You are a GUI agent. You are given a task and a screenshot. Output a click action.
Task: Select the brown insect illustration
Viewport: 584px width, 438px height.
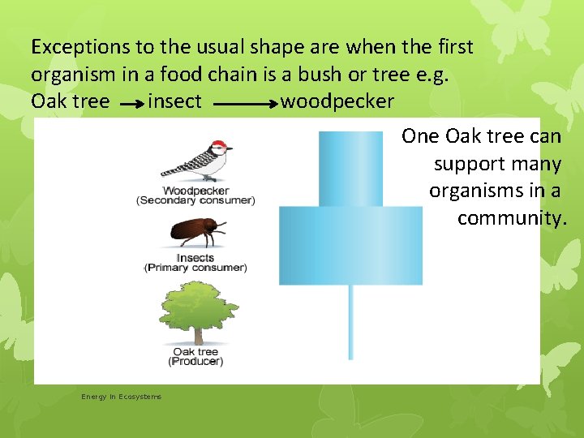pos(195,232)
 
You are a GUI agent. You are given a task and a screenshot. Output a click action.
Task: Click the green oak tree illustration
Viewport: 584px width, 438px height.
pos(195,312)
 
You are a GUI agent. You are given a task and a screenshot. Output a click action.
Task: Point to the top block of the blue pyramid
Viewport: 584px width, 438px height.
pos(350,169)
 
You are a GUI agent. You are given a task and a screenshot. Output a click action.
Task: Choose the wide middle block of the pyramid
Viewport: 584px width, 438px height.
pos(350,245)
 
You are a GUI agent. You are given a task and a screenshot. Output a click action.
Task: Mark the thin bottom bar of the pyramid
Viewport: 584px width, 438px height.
pos(350,322)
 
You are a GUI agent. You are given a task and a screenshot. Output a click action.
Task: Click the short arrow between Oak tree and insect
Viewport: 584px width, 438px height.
pos(131,104)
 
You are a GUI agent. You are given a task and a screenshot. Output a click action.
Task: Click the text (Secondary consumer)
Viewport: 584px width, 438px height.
pos(195,200)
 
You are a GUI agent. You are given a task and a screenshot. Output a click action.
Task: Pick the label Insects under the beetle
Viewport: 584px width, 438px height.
pos(195,258)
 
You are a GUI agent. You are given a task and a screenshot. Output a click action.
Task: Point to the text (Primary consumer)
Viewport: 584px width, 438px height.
pos(195,268)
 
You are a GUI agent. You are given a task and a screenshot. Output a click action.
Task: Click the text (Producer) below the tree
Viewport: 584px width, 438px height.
pos(195,361)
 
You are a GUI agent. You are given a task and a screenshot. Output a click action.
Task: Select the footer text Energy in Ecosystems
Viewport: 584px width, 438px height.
pos(121,397)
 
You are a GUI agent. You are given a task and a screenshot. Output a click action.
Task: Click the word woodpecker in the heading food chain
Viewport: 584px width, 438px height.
pos(337,101)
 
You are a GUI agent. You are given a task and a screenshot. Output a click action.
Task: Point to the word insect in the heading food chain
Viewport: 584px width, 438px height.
pos(175,101)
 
